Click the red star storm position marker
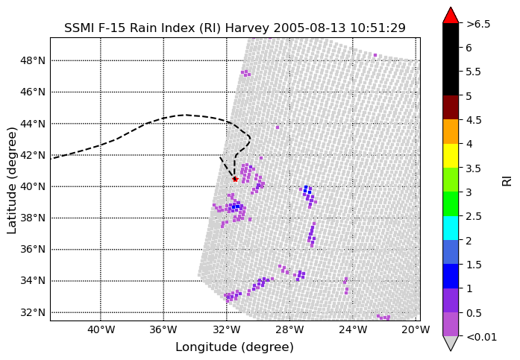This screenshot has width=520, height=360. pos(235,179)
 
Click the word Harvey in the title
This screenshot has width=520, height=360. pos(247,28)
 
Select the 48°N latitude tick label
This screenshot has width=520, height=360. pos(33,60)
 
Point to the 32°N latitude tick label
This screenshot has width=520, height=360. pos(33,312)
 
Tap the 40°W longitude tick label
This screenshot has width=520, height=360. pos(101,330)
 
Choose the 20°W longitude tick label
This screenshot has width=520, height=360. pos(416,330)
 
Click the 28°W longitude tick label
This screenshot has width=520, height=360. pos(290,330)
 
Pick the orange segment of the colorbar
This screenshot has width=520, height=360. pos(451,131)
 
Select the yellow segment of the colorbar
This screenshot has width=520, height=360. pos(451,156)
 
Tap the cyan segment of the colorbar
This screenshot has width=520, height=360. pos(451,228)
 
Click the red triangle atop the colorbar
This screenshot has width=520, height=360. pos(451,16)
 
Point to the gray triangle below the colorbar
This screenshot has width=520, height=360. pos(451,344)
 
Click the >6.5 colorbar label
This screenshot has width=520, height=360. pos(478,24)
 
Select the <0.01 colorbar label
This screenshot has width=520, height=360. pos(481,337)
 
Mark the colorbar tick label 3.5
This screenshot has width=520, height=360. pos(474,168)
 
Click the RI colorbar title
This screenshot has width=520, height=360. pos(507,181)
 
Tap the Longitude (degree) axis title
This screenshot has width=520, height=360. pos(235,347)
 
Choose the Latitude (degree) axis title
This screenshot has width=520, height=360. pos(12,180)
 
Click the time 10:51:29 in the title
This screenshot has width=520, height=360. pos(378,28)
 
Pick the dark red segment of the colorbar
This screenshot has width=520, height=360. pos(451,107)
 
